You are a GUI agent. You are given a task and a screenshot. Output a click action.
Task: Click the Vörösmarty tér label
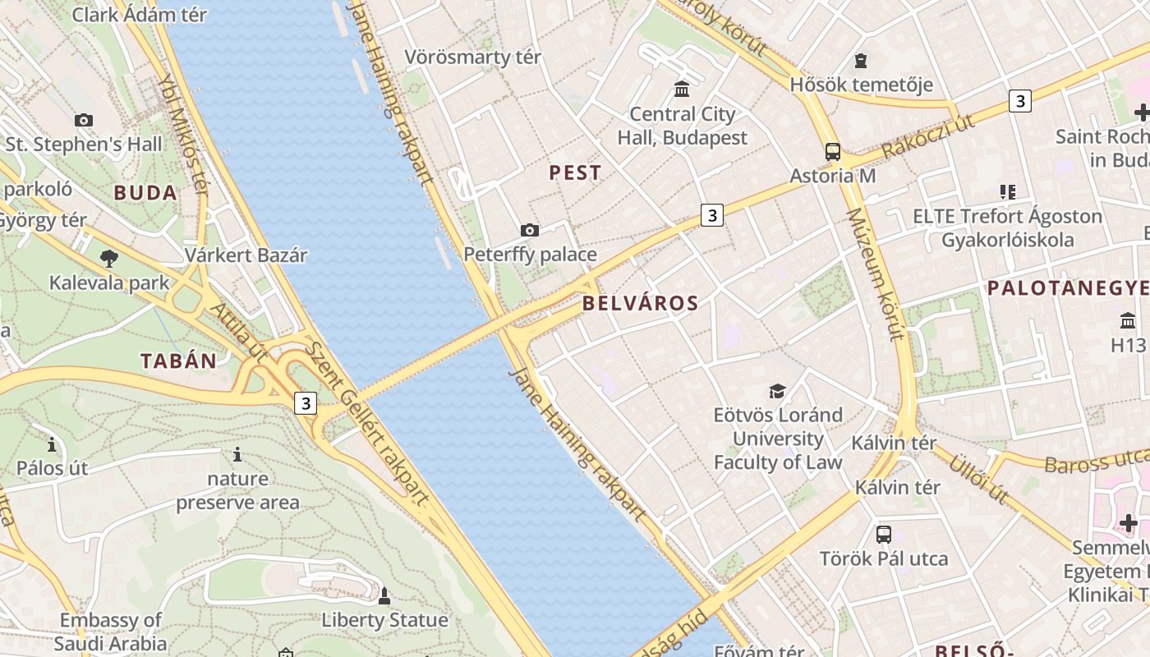click(473, 57)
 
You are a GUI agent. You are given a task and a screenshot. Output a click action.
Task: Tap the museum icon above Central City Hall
click(682, 89)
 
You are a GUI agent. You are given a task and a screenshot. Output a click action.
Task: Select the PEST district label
click(575, 173)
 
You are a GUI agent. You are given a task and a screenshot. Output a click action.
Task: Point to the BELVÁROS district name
click(641, 303)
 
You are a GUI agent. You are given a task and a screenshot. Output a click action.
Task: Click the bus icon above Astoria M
click(833, 152)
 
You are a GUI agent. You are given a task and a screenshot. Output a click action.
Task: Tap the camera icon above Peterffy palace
click(530, 230)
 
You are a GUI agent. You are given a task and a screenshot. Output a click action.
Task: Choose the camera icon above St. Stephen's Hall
click(84, 121)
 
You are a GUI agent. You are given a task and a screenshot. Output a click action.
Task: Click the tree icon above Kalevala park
click(108, 260)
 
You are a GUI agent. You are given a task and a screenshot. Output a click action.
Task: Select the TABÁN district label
click(178, 361)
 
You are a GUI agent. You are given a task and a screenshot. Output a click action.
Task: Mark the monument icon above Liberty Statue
click(384, 595)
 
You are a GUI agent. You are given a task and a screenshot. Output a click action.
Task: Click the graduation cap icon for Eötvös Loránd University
click(777, 391)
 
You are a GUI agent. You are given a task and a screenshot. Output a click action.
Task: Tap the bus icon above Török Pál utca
click(884, 535)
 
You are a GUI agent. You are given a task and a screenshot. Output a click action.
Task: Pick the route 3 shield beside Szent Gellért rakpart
click(306, 403)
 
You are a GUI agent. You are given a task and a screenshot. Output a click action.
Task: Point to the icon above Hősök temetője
click(861, 61)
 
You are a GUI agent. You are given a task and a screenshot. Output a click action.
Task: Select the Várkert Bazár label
click(246, 255)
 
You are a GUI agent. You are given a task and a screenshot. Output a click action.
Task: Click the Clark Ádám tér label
click(140, 14)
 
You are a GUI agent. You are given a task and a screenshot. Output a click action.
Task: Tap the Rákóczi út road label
click(927, 136)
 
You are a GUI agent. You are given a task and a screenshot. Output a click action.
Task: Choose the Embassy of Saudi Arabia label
click(111, 632)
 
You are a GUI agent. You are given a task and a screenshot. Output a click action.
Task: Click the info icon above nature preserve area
click(237, 454)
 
